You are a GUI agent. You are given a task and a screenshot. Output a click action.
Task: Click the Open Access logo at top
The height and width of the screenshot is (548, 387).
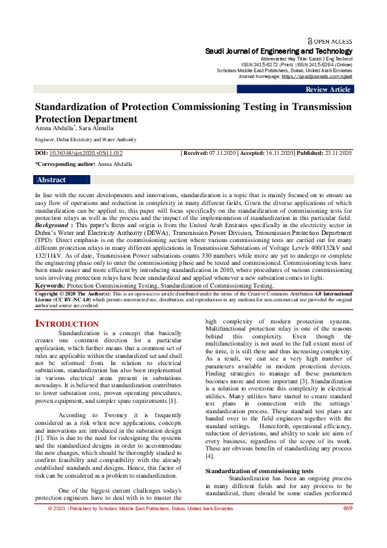[x=330, y=40]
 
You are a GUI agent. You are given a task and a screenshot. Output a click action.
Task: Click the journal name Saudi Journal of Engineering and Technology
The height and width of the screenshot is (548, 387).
[x=279, y=51]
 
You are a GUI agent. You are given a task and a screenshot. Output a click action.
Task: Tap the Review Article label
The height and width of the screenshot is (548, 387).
[x=328, y=90]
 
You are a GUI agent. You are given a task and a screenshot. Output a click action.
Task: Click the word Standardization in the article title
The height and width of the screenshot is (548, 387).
[x=72, y=107]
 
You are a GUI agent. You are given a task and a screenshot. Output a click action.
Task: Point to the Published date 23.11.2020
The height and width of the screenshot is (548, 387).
[x=334, y=153]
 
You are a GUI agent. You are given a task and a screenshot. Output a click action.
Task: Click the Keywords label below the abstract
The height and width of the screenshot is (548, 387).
[x=49, y=285]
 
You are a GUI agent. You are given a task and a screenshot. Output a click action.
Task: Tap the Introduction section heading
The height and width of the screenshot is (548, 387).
[x=67, y=323]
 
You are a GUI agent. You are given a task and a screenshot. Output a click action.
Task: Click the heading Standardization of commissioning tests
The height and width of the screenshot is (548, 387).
[x=259, y=471]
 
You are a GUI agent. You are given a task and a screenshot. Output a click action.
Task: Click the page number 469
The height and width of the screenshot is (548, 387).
[x=347, y=508]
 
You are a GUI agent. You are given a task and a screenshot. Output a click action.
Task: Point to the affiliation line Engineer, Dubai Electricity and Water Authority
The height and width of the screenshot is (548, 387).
[x=85, y=139]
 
